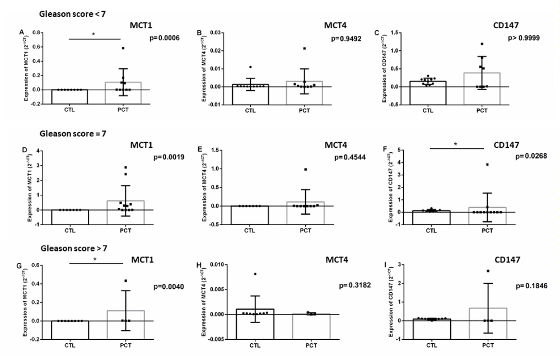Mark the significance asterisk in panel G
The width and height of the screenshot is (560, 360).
coord(94,260)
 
